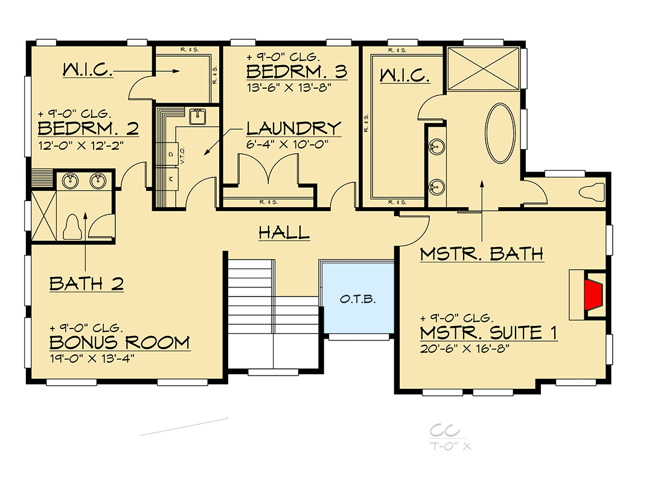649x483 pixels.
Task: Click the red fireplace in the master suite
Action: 595,293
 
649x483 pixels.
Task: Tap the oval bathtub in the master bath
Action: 500,133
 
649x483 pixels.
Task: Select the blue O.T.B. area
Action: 356,298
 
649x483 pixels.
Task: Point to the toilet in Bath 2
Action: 72,227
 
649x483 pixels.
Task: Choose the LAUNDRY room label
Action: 293,128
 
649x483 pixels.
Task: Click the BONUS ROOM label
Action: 119,342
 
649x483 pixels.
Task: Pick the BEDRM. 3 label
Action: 296,72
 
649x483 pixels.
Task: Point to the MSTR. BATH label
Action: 481,254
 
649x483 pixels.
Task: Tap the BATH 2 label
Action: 86,283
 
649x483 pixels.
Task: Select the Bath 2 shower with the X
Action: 43,216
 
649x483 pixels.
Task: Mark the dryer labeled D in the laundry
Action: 170,153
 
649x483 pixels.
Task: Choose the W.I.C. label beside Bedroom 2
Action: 88,71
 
